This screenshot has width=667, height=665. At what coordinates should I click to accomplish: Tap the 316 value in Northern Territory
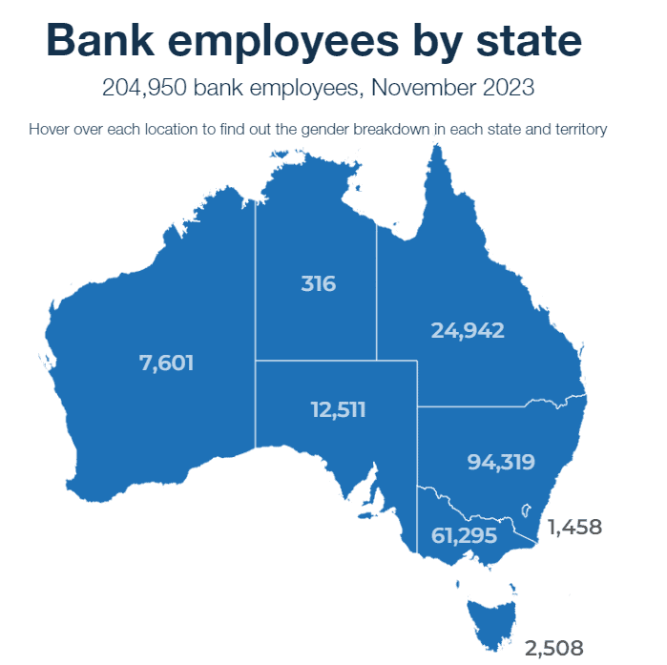[x=318, y=283]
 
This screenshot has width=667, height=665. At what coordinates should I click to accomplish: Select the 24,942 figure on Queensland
[x=467, y=330]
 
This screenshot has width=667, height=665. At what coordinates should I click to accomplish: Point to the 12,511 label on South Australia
[x=338, y=409]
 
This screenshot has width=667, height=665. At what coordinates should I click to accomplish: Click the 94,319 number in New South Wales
[x=500, y=462]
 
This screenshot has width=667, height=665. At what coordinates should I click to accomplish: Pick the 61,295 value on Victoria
[x=465, y=535]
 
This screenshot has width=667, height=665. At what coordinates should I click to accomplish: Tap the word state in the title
[x=528, y=42]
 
